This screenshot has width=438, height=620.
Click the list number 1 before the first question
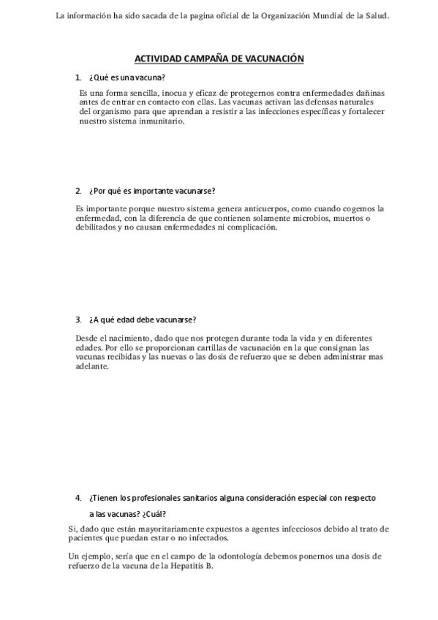78,77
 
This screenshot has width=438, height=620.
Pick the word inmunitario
155,121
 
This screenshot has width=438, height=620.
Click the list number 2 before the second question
78,191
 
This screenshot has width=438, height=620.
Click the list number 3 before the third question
78,320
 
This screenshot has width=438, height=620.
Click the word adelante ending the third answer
91,367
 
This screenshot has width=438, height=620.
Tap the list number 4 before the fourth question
78,498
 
